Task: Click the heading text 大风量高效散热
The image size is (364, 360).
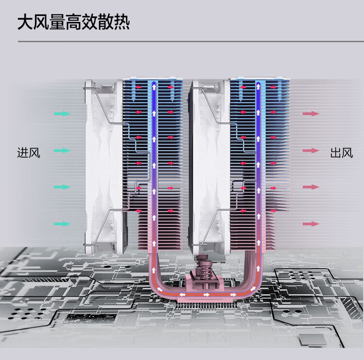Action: [74, 22]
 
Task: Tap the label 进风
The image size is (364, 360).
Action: [29, 153]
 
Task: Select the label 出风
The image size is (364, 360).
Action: [341, 153]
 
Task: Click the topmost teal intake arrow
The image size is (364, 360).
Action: [62, 114]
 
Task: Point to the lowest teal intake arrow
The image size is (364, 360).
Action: [62, 224]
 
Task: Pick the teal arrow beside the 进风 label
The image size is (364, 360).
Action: [62, 151]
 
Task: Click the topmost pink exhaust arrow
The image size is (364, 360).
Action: [311, 114]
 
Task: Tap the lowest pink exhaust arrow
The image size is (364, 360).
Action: [311, 224]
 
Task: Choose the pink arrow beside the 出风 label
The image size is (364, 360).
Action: [311, 151]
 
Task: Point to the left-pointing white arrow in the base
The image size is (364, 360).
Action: [183, 294]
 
